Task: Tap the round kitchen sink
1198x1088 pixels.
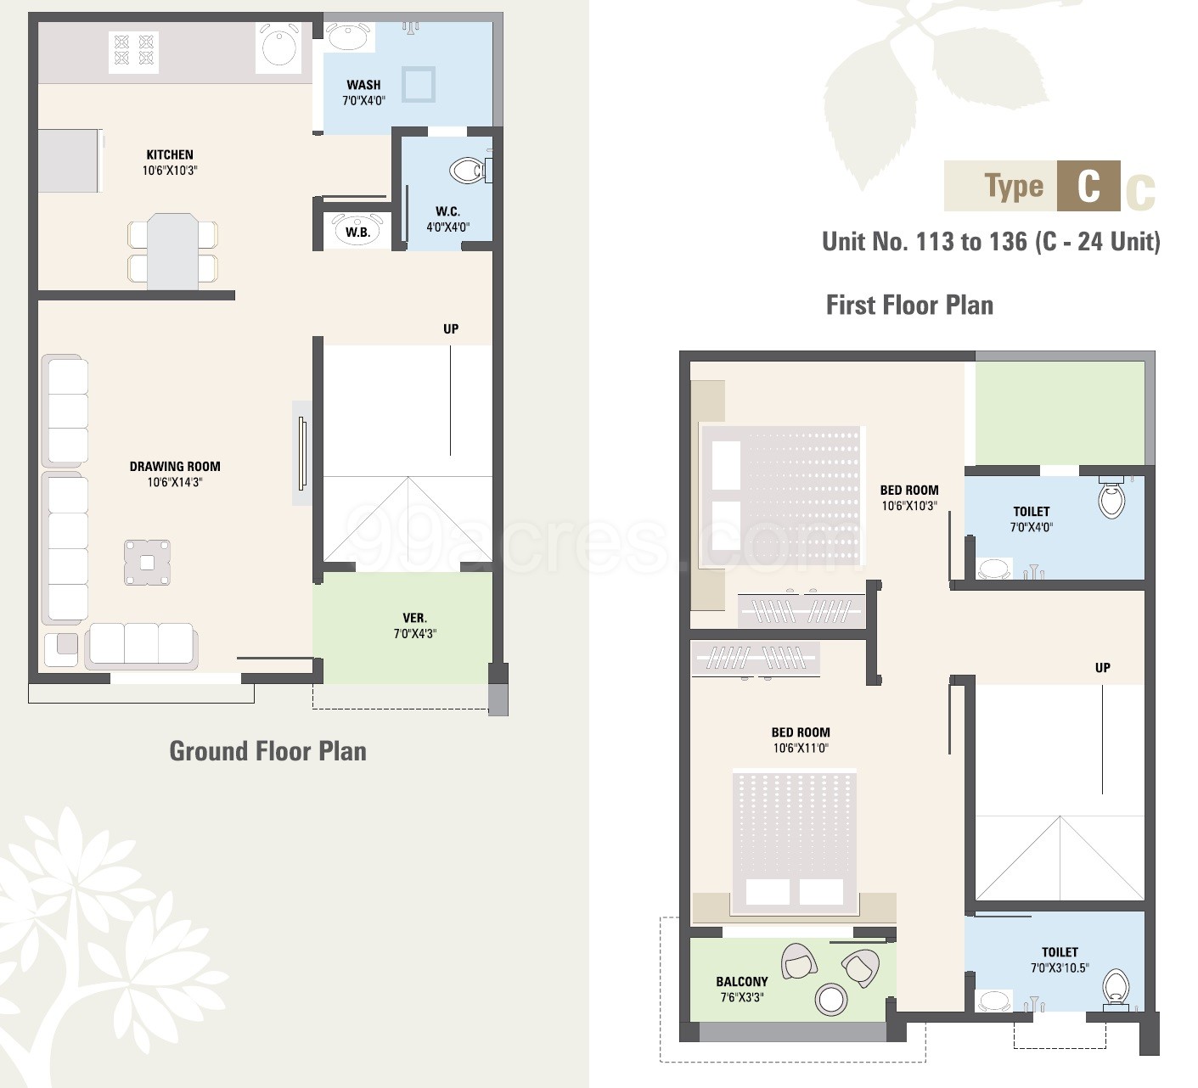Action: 278,48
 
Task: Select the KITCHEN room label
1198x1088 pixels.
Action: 170,154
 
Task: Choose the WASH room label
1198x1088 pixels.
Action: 363,85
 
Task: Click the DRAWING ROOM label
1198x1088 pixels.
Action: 175,467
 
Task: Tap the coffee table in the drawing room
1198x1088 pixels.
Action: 148,563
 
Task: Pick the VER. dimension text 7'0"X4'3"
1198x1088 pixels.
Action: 415,634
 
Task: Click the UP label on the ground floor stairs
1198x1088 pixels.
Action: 451,329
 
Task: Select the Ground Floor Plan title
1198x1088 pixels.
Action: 268,751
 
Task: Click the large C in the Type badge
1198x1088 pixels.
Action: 1088,187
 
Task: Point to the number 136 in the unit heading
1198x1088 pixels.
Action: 1008,241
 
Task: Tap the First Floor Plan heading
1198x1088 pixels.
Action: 909,306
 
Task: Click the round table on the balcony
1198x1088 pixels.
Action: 830,998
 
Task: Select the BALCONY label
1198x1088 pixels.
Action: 742,982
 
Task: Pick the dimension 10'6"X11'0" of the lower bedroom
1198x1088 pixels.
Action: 801,748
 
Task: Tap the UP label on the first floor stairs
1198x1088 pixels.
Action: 1102,668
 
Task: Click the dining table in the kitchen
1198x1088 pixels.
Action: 173,251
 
